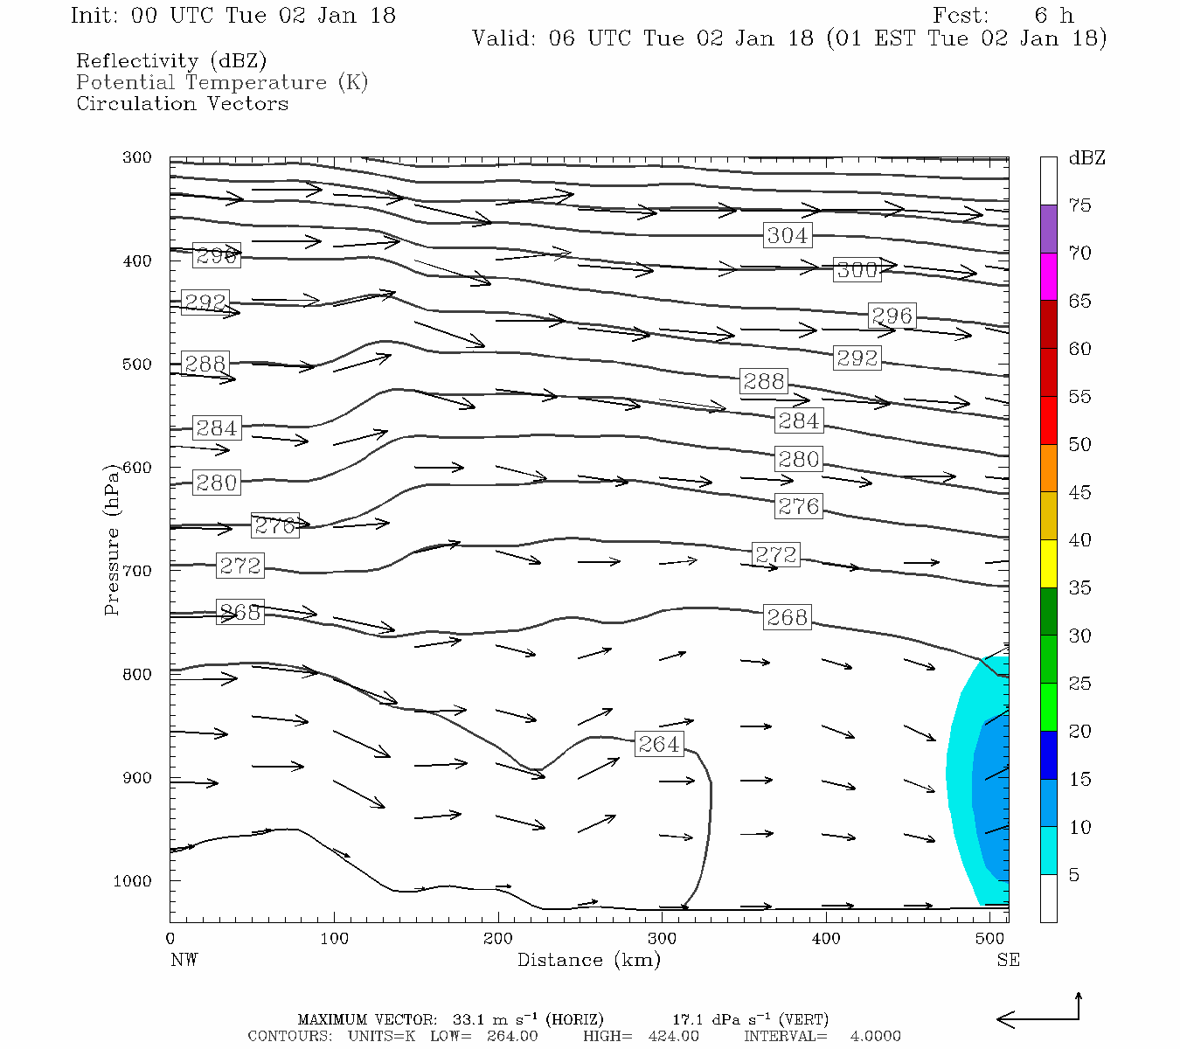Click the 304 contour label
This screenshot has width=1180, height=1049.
tap(788, 235)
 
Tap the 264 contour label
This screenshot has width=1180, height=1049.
tap(659, 744)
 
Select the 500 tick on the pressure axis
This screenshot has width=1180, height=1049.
tap(137, 365)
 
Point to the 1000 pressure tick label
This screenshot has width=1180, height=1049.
tap(132, 881)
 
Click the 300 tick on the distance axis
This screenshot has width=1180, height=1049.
tap(662, 939)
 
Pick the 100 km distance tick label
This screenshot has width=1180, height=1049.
tap(334, 939)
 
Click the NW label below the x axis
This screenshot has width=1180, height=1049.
tap(184, 960)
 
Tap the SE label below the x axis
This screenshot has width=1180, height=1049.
tap(1008, 960)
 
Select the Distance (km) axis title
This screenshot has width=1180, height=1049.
tap(588, 960)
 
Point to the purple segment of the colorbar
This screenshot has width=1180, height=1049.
tap(1048, 229)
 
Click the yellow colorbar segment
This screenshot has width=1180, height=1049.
tap(1048, 564)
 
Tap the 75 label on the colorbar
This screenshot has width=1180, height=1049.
tap(1079, 205)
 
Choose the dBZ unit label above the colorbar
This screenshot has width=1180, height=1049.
tap(1086, 158)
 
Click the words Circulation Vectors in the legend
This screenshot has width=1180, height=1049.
tap(182, 103)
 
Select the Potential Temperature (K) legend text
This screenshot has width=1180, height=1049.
tap(222, 82)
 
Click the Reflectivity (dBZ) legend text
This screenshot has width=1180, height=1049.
tap(171, 61)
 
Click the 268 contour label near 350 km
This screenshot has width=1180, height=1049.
tap(787, 617)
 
